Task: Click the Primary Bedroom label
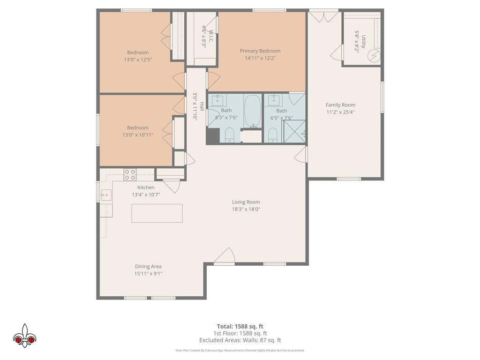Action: click(x=260, y=51)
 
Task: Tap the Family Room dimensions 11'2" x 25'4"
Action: click(x=340, y=112)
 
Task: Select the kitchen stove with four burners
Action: click(x=130, y=174)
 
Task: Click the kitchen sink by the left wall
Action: click(x=106, y=195)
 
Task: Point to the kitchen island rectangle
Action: click(x=157, y=213)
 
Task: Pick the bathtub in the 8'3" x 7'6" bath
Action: click(x=253, y=111)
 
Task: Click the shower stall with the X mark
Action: click(x=293, y=131)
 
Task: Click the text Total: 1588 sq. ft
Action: click(x=240, y=326)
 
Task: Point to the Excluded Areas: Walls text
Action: click(x=240, y=340)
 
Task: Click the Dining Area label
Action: click(x=148, y=266)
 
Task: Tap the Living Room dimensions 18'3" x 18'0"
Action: click(x=246, y=210)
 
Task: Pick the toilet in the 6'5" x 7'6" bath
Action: click(x=272, y=135)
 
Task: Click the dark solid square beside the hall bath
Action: click(x=213, y=135)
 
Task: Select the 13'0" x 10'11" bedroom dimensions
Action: click(x=138, y=135)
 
